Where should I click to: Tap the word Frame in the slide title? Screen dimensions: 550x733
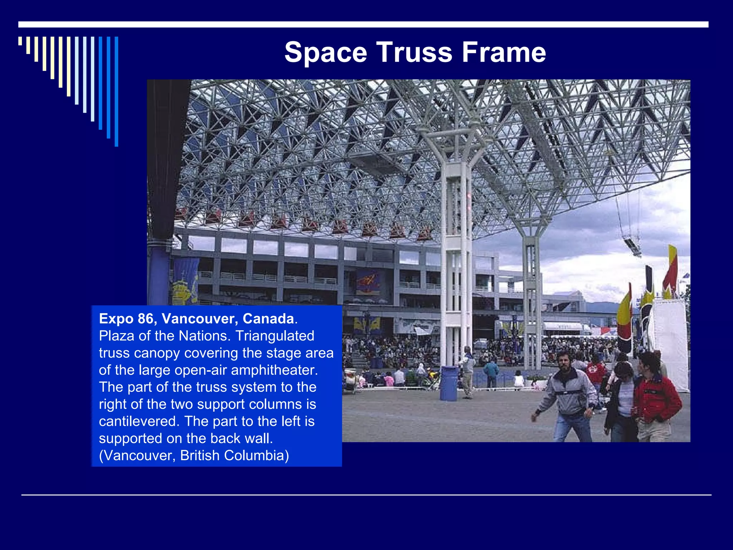click(504, 53)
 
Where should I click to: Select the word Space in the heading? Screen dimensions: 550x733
click(326, 53)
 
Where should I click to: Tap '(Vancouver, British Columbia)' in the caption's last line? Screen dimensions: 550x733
click(194, 455)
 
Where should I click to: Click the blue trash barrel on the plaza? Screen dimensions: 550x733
click(448, 383)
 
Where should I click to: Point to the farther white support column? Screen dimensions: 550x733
click(531, 294)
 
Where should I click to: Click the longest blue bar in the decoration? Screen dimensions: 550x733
click(116, 92)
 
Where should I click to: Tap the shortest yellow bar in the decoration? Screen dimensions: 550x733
click(20, 41)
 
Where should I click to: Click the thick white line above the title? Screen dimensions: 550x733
click(363, 24)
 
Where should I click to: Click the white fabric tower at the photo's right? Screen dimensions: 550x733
click(669, 344)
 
